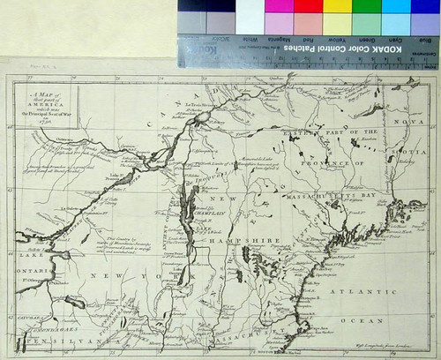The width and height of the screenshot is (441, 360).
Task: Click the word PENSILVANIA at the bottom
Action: tap(67, 340)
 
